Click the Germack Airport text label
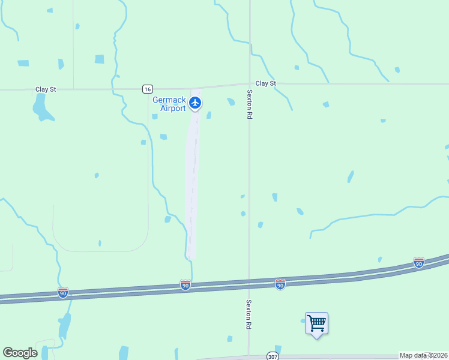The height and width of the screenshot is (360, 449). (169, 104)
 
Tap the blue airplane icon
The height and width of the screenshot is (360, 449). (194, 103)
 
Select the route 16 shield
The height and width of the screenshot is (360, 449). (148, 89)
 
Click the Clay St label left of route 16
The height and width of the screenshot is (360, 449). (46, 89)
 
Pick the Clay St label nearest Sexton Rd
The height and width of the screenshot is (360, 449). (265, 83)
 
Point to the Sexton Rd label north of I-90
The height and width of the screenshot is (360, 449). (249, 104)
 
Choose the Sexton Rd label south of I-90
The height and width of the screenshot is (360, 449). (249, 314)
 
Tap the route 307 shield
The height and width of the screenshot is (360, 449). (273, 355)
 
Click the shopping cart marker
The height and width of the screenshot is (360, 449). (316, 324)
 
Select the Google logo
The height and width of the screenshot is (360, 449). (20, 353)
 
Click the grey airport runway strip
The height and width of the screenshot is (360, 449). (192, 180)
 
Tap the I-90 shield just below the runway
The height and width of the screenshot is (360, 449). (185, 286)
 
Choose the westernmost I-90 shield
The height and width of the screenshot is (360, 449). (63, 292)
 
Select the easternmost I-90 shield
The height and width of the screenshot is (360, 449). (419, 263)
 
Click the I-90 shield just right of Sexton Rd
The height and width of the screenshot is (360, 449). (280, 284)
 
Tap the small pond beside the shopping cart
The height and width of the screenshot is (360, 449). (303, 321)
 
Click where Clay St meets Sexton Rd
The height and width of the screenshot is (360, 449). (249, 84)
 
